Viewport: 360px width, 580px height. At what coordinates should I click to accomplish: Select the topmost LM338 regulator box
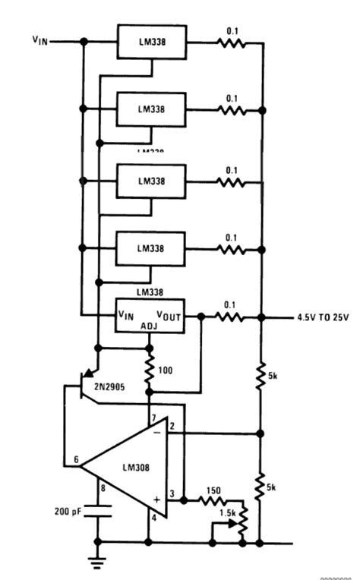pos(150,41)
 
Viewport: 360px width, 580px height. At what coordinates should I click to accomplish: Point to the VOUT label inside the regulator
pos(169,315)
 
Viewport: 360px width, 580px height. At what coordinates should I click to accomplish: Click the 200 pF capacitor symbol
pos(97,512)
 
